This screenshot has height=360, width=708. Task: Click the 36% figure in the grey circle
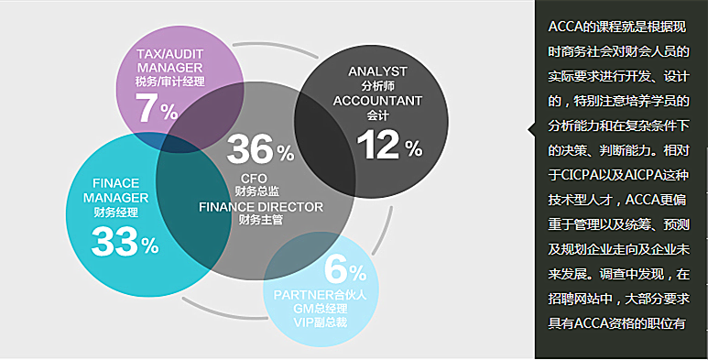click(260, 149)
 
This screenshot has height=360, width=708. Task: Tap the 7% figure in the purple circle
click(157, 108)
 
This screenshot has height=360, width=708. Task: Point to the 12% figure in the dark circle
click(389, 145)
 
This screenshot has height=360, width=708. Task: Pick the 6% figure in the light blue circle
click(345, 270)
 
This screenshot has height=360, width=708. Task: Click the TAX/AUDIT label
click(169, 54)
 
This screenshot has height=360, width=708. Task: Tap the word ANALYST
click(377, 71)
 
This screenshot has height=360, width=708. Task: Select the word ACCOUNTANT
click(377, 100)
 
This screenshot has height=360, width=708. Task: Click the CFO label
click(255, 178)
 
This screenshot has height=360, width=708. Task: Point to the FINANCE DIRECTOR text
click(261, 207)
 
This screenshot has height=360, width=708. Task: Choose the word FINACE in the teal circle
click(116, 183)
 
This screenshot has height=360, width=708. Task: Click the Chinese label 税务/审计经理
click(169, 82)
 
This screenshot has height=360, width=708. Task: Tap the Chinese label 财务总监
click(257, 191)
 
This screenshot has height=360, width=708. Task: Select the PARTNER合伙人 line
click(321, 295)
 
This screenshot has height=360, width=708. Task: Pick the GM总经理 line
click(321, 309)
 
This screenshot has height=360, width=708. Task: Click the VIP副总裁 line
click(321, 322)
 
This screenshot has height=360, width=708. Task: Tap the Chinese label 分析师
click(377, 86)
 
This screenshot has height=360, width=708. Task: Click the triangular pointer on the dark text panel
click(531, 130)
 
